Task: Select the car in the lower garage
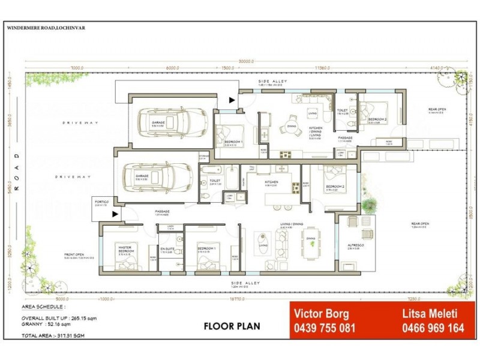(150, 177)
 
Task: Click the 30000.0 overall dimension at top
(245, 61)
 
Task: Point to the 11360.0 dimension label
(323, 68)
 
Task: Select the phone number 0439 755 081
(325, 328)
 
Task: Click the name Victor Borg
(322, 313)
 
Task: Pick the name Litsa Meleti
(429, 313)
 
